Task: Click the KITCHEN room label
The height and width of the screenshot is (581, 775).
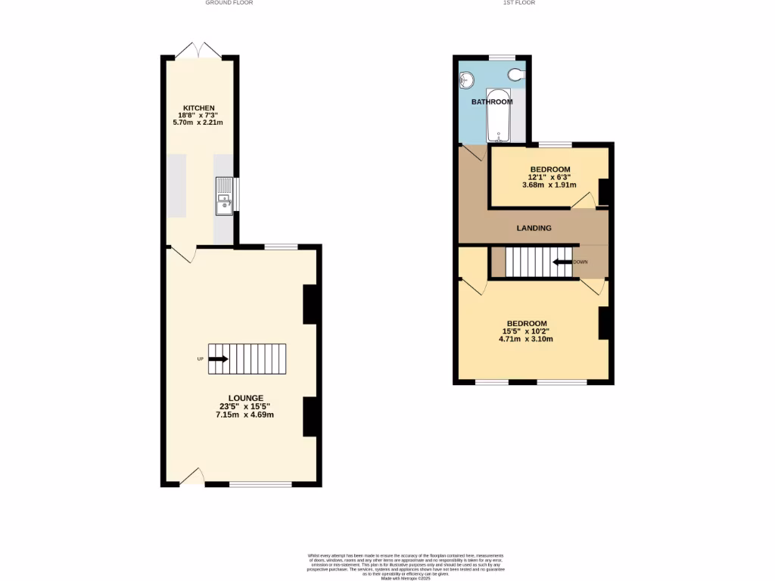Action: point(201,107)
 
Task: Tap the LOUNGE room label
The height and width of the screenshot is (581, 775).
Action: point(246,398)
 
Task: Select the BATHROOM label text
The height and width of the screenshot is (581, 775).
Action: point(492,101)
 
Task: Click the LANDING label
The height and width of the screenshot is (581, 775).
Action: point(534,228)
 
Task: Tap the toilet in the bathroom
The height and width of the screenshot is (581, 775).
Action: point(516,73)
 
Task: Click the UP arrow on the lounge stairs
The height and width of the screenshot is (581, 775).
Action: point(219,359)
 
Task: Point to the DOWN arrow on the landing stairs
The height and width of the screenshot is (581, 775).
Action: point(561,263)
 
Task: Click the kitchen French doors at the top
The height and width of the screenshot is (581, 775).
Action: point(198,51)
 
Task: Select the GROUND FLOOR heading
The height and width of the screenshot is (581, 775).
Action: point(229,3)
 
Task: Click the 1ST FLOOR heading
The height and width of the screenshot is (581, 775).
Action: point(519,3)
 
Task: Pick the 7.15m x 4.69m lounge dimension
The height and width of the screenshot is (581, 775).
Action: point(245,415)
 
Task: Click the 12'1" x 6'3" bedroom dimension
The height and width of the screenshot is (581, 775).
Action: point(549,177)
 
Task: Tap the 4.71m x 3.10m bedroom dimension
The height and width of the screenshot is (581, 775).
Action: point(525,339)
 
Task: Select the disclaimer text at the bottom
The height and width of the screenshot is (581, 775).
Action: point(406,566)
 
